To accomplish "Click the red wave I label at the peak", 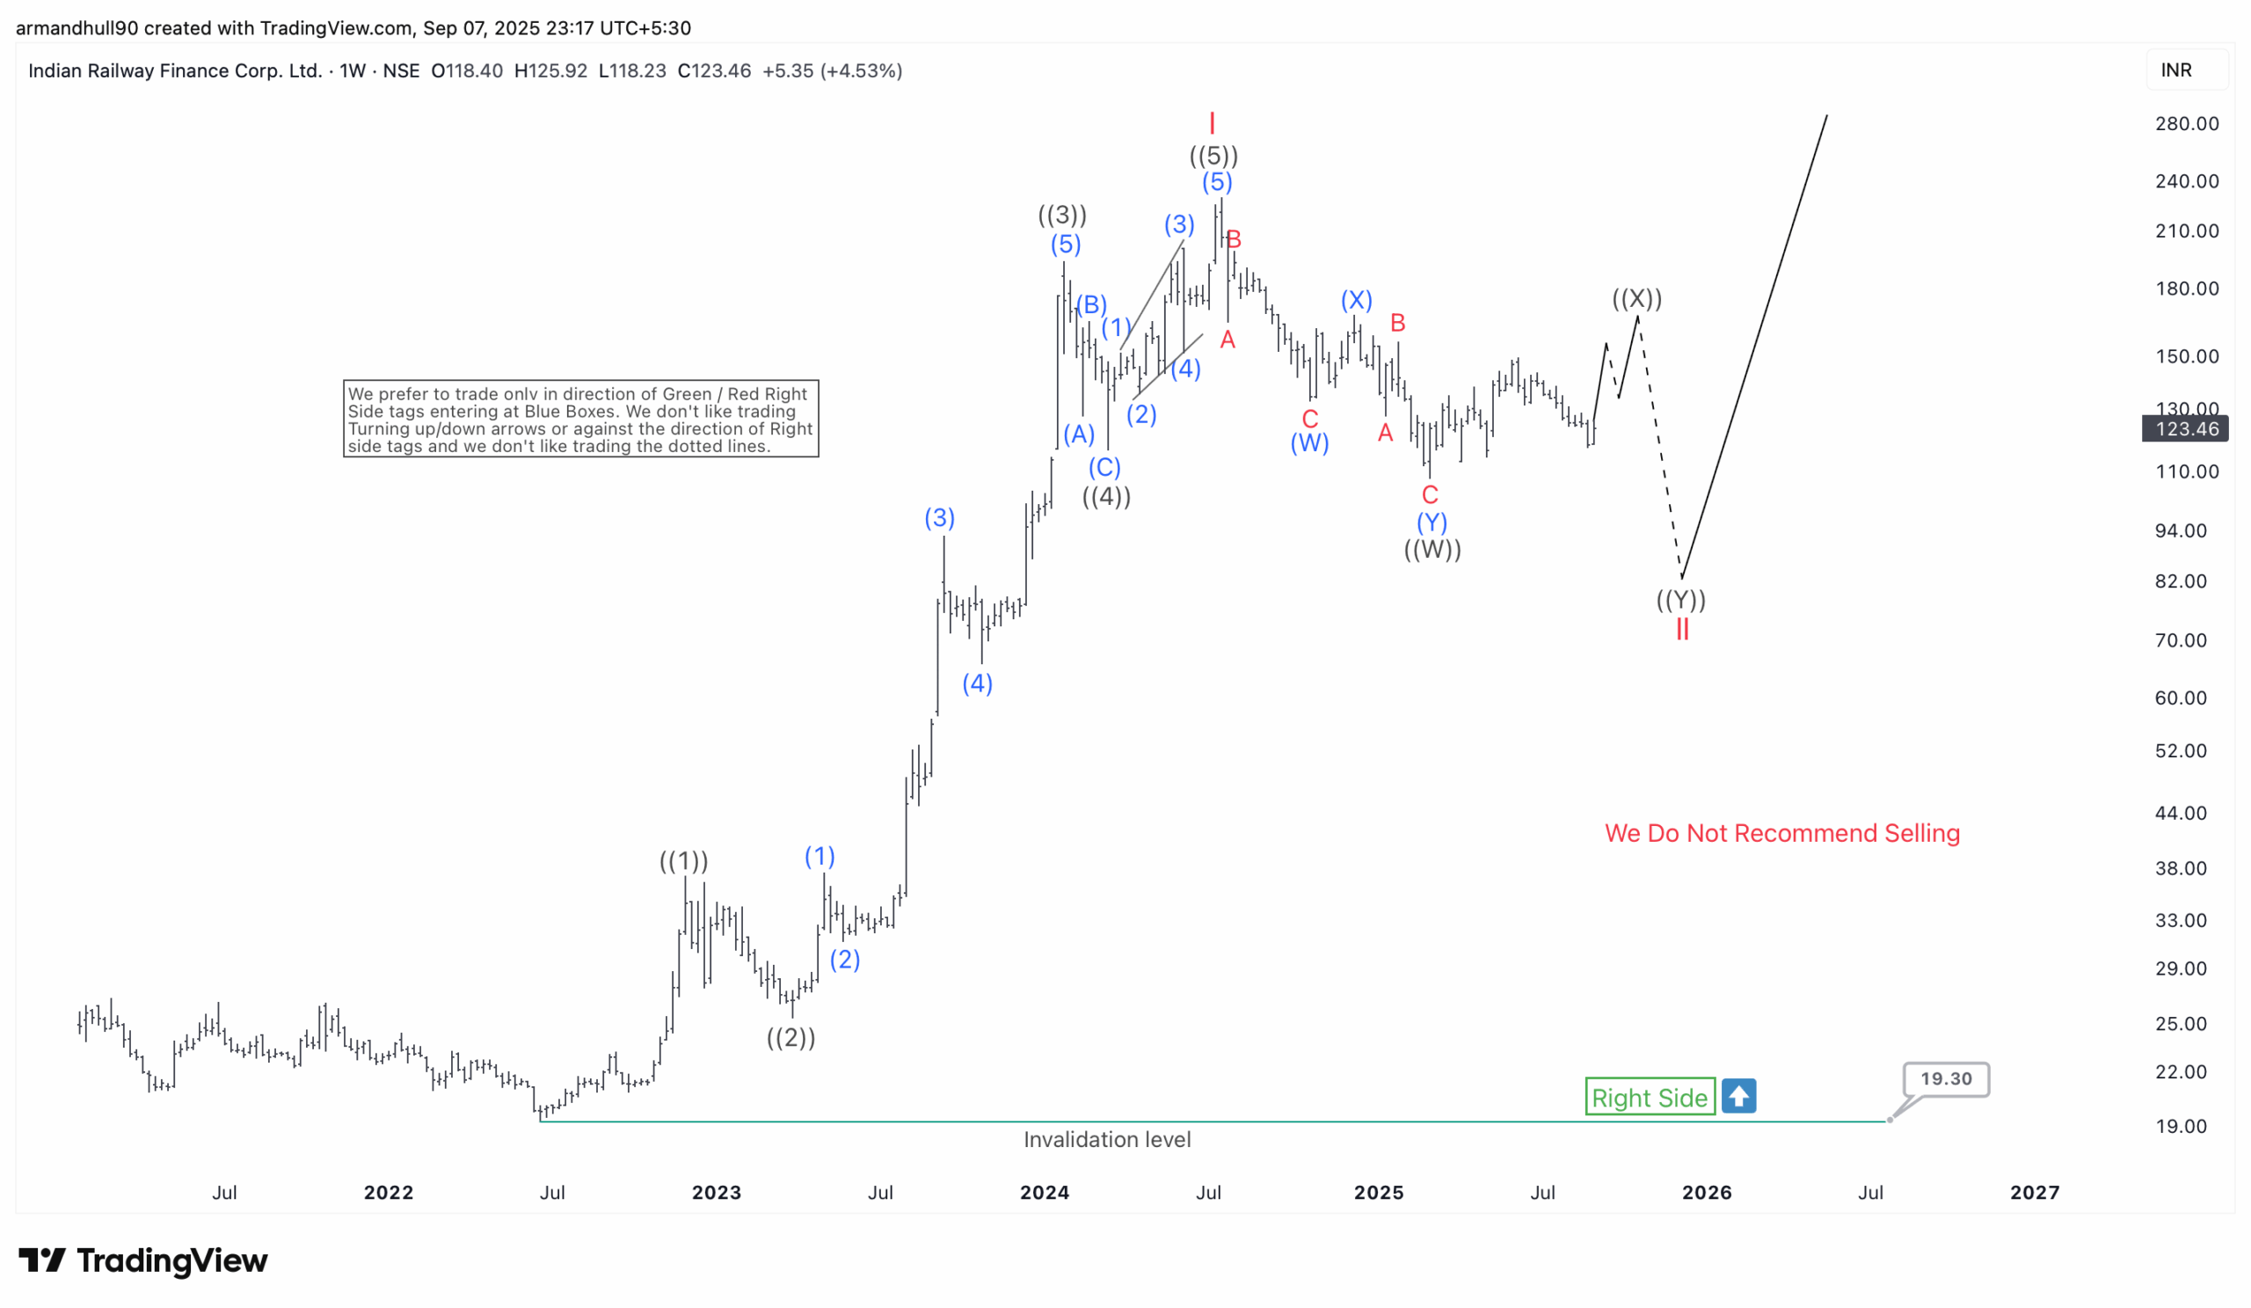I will coord(1212,122).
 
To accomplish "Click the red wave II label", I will coord(1682,630).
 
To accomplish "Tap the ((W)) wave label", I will coord(1431,550).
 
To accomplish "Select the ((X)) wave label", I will coord(1636,298).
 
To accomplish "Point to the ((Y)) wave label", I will coord(1681,600).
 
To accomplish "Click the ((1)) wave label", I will coord(683,861).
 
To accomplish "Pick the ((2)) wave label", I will coord(790,1037).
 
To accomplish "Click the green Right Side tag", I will coord(1649,1097).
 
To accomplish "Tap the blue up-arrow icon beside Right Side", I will coord(1738,1096).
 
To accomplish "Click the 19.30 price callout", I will coord(1946,1079).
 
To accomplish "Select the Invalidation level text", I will coord(1107,1140).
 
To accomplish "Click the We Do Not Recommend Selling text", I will coord(1782,834).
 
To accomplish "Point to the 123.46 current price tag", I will coord(2186,429).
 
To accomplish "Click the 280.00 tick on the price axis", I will coord(2186,124).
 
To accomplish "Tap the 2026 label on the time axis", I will coord(1706,1193).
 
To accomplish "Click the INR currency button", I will coord(2176,70).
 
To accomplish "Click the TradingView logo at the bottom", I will coord(143,1261).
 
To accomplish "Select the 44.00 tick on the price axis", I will coord(2181,813).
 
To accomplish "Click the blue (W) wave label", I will coord(1309,443).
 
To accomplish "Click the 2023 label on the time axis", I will coord(717,1193).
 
